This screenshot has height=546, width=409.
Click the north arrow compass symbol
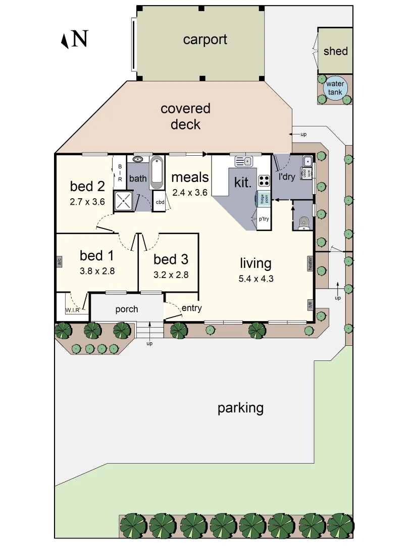[x=65, y=40]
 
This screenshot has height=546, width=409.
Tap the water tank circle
[x=335, y=88]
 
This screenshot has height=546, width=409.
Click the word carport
[x=205, y=39]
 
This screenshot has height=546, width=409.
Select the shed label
[x=335, y=51]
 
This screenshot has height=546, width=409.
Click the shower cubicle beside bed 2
[x=124, y=201]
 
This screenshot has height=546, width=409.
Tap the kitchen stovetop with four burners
[x=264, y=181]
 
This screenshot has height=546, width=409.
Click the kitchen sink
[x=243, y=161]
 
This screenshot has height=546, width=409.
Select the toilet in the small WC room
[x=303, y=222]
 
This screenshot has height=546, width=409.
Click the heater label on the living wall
[x=311, y=263]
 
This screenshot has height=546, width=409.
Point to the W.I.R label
[x=72, y=310]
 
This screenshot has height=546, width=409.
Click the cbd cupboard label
[x=160, y=202]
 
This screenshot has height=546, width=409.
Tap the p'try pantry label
[x=264, y=220]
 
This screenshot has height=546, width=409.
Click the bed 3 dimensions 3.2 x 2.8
[x=171, y=275]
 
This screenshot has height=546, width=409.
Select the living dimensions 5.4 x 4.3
[x=255, y=278]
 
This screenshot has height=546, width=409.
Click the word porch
[x=126, y=309]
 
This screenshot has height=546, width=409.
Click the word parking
[x=240, y=408]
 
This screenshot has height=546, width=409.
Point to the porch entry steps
[x=149, y=331]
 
